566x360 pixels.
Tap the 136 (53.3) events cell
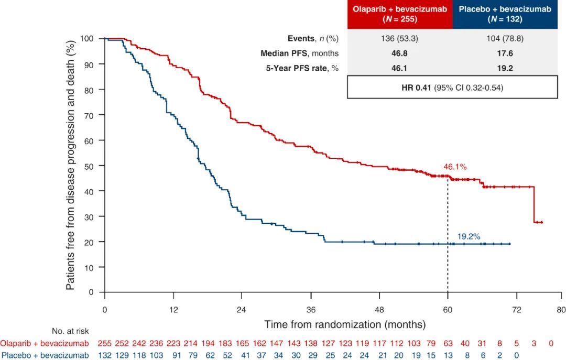pyautogui.click(x=400, y=39)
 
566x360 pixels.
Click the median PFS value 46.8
pyautogui.click(x=400, y=53)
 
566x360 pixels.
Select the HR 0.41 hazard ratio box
pyautogui.click(x=452, y=87)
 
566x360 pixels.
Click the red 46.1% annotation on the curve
pyautogui.click(x=454, y=167)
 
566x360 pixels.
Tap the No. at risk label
pyautogui.click(x=70, y=331)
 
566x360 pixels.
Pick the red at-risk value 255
pyautogui.click(x=105, y=343)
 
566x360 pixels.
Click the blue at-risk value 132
pyautogui.click(x=105, y=356)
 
